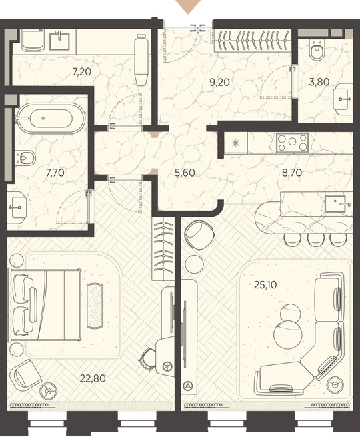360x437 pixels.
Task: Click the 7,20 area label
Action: (81, 72)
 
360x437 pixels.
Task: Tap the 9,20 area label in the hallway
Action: (219, 82)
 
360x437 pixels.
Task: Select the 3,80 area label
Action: (319, 82)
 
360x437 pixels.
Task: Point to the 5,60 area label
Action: (185, 173)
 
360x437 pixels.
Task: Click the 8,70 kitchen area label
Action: (292, 173)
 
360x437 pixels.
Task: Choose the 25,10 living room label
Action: (265, 285)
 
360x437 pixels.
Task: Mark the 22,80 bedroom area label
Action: (93, 378)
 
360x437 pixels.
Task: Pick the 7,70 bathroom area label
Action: (55, 173)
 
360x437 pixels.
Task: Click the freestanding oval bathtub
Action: (50, 119)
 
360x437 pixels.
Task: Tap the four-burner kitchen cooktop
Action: (292, 143)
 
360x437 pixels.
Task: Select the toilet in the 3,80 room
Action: (317, 49)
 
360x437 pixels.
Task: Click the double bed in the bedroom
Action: (45, 304)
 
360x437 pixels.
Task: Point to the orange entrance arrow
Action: (188, 6)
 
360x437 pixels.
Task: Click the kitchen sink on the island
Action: (335, 204)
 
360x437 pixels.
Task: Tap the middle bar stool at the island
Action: (315, 240)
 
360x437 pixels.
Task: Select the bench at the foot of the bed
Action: (95, 306)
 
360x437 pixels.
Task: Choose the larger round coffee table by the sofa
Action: (288, 334)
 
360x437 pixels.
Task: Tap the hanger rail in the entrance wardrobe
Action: (252, 41)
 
